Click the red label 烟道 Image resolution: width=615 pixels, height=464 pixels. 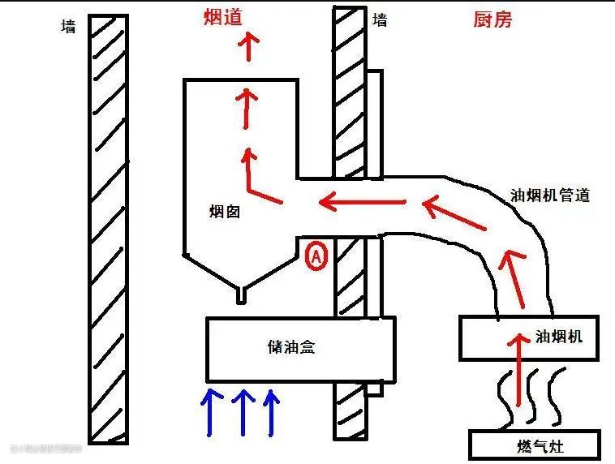tap(224, 16)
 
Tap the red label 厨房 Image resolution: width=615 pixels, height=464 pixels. tap(492, 19)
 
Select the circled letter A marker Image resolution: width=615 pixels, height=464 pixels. tap(316, 257)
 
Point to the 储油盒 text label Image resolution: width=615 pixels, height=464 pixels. tap(290, 347)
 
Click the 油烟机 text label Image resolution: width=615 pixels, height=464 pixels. tap(559, 336)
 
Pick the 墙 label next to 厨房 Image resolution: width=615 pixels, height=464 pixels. tap(380, 19)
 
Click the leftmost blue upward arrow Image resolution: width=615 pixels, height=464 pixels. tap(213, 410)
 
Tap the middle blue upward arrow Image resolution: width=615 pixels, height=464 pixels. tap(243, 410)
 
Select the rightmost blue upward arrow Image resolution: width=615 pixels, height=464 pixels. tap(272, 410)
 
